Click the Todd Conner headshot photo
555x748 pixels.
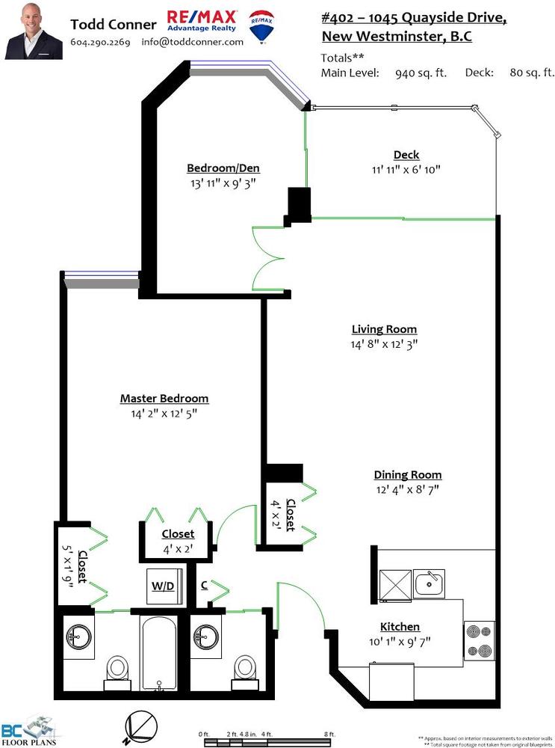pyautogui.click(x=34, y=31)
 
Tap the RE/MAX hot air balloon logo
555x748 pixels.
pyautogui.click(x=261, y=27)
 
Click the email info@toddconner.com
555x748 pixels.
pyautogui.click(x=193, y=42)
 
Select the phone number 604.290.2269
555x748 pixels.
pyautogui.click(x=100, y=42)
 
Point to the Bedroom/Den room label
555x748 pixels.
pyautogui.click(x=223, y=168)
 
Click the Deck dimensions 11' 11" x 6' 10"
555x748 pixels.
pyautogui.click(x=406, y=169)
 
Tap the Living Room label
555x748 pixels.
pyautogui.click(x=384, y=329)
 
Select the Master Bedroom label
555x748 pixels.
pyautogui.click(x=164, y=399)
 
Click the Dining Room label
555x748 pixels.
pyautogui.click(x=407, y=475)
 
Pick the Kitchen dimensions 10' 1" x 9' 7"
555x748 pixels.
pyautogui.click(x=400, y=642)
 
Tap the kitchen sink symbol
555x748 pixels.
pyautogui.click(x=429, y=583)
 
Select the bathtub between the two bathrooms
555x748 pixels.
pyautogui.click(x=159, y=653)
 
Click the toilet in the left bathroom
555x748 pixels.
pyautogui.click(x=117, y=672)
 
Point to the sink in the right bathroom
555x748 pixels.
pyautogui.click(x=206, y=637)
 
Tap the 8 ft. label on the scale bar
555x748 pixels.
pyautogui.click(x=329, y=734)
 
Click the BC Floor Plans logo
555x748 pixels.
pyautogui.click(x=28, y=730)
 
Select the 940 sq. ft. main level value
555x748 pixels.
pyautogui.click(x=421, y=73)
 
